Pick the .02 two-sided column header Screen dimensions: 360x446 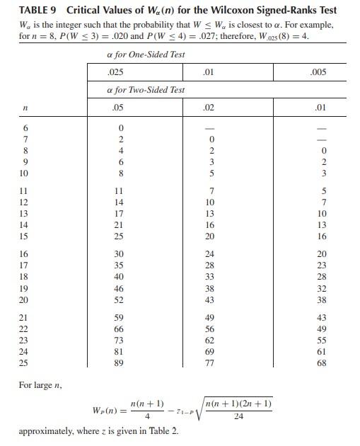point(208,108)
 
